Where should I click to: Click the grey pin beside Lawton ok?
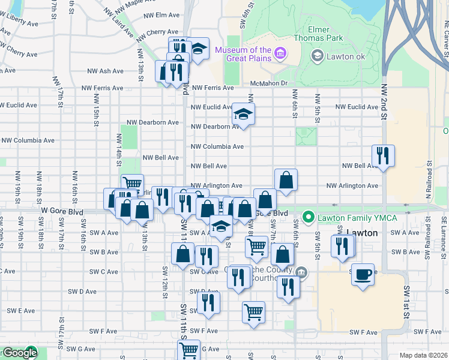[x=317, y=56]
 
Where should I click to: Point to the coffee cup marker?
[x=363, y=275]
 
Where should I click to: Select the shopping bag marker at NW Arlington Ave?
[x=286, y=179]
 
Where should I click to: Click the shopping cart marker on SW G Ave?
[x=189, y=349]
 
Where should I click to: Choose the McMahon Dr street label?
[x=270, y=83]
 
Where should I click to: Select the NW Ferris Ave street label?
[x=212, y=88]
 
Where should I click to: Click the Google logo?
[x=18, y=353]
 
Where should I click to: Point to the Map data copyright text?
[x=423, y=355]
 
